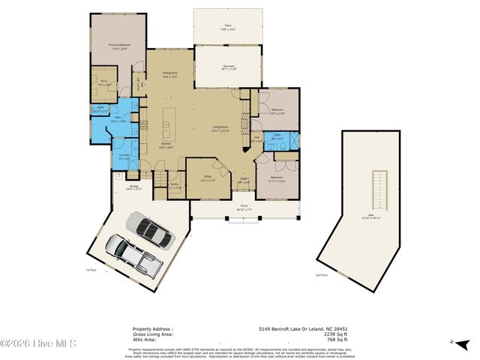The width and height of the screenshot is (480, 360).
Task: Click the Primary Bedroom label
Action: (x=118, y=46)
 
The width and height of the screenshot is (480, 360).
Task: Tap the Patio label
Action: (x=227, y=26)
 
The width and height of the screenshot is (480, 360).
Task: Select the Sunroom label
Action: (x=229, y=67)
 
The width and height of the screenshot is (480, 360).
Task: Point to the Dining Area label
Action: (x=170, y=73)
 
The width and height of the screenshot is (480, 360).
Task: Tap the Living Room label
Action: (x=220, y=128)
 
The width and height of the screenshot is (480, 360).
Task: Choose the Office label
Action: (x=207, y=178)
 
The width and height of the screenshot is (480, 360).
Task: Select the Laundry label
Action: (x=124, y=156)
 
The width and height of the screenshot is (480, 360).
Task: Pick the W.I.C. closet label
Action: (x=104, y=82)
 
